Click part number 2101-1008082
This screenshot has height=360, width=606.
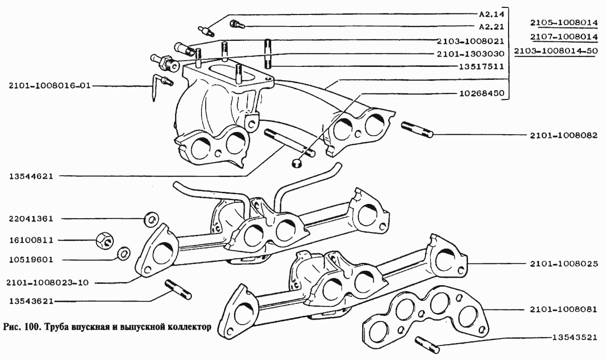(564, 135)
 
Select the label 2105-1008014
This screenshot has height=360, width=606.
(564, 23)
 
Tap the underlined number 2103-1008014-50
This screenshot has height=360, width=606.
(556, 51)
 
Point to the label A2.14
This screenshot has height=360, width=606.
(492, 13)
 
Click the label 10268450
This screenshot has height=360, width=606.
(482, 93)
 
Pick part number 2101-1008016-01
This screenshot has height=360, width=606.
(50, 86)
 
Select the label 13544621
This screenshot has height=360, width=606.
(32, 177)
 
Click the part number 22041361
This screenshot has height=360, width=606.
(31, 219)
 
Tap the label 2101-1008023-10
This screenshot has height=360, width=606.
(48, 283)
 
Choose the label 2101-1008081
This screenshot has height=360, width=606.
(564, 309)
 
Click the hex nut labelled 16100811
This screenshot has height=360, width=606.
(104, 241)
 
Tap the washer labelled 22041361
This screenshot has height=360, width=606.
(151, 219)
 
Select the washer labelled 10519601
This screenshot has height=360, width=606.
(124, 253)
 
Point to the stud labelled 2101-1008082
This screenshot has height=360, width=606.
(417, 130)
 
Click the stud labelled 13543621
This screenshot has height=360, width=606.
(178, 289)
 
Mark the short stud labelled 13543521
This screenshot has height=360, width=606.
(427, 345)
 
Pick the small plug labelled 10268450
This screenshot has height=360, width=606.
(297, 163)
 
